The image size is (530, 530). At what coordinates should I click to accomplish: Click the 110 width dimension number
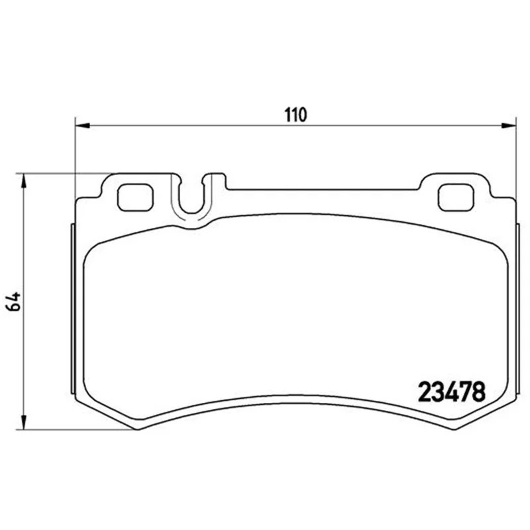(x=295, y=115)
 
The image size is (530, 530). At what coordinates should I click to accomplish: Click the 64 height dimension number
(x=13, y=301)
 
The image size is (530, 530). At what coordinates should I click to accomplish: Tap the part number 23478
(x=452, y=392)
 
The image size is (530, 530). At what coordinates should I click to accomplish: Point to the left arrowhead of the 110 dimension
(x=82, y=126)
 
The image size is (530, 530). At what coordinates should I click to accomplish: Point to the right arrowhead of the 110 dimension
(x=509, y=126)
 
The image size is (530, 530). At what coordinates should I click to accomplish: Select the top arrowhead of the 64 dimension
(x=23, y=181)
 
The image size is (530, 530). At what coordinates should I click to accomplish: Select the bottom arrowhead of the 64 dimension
(x=23, y=423)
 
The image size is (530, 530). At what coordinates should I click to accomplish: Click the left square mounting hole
(x=135, y=197)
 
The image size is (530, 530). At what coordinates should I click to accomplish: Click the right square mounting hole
(x=456, y=197)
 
